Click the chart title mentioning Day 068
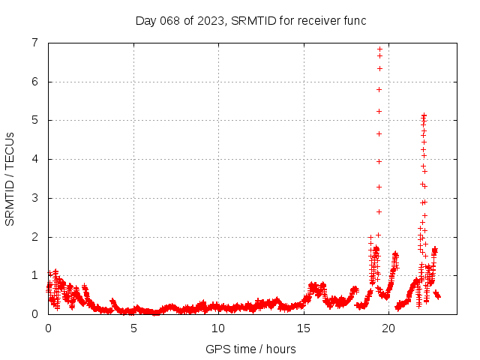tap(250, 20)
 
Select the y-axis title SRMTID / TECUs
tap(10, 178)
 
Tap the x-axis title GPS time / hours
tap(250, 349)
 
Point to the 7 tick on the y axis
tap(34, 43)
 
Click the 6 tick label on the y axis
tap(34, 82)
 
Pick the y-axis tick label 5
tap(34, 120)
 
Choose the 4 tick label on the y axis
tap(34, 159)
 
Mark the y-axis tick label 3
tap(34, 198)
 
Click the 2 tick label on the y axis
tap(34, 237)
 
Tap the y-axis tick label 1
tap(34, 275)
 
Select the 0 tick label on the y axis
tap(34, 314)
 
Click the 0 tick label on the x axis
tap(49, 328)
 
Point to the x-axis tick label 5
tap(133, 328)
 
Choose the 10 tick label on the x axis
tap(218, 328)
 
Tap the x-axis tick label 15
tap(304, 328)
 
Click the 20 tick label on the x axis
tap(388, 328)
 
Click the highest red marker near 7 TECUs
tap(379, 49)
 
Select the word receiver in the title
tap(320, 20)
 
